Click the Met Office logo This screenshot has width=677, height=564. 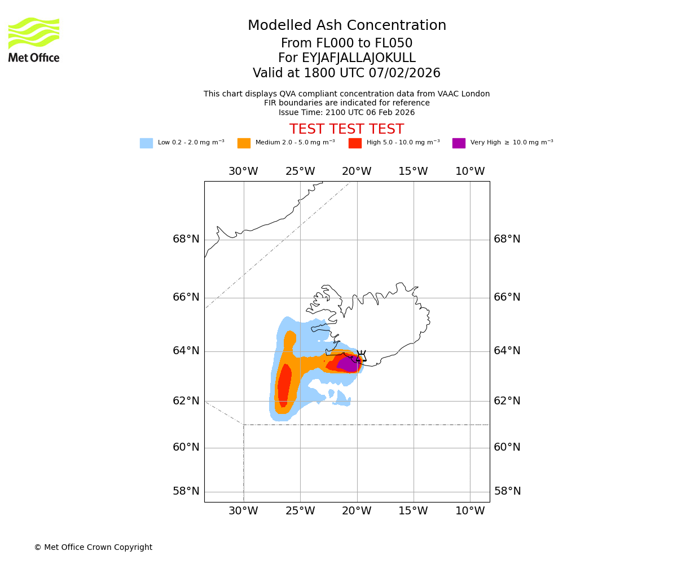(34, 39)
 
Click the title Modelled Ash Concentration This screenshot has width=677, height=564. (347, 25)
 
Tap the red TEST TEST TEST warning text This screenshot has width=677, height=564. (346, 129)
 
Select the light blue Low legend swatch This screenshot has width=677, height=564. (146, 143)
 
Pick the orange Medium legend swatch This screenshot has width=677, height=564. (244, 143)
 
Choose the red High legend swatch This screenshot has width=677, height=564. (355, 143)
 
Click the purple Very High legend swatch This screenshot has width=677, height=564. (459, 143)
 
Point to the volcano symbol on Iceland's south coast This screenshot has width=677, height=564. (361, 356)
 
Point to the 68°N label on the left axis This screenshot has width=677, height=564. (186, 239)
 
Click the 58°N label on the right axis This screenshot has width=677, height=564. (507, 491)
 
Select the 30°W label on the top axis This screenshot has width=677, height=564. (243, 171)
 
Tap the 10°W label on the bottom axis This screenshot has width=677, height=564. (470, 511)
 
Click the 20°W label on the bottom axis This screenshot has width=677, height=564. (357, 511)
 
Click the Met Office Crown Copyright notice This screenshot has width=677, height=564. (93, 547)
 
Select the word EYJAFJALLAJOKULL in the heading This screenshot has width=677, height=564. (359, 58)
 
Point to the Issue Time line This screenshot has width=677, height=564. (346, 112)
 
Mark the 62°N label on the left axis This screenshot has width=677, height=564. (186, 401)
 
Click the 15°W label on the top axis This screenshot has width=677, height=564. (413, 171)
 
